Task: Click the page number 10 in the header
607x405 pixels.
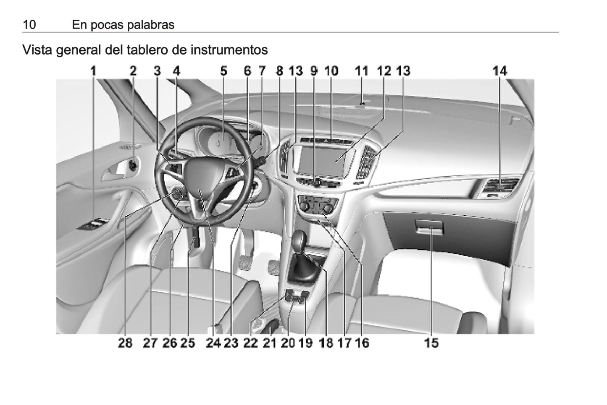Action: (x=29, y=25)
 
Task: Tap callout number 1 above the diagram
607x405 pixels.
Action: (x=93, y=71)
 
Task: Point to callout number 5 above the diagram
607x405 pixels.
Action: (x=223, y=71)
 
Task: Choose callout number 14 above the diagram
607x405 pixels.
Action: (x=500, y=71)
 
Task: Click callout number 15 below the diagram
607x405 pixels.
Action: (x=431, y=343)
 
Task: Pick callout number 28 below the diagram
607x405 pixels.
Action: (x=125, y=343)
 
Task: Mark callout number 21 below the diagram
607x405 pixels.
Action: (x=270, y=343)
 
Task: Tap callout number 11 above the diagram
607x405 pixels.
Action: (x=362, y=71)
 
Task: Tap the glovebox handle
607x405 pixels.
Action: (x=429, y=227)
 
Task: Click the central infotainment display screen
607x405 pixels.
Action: (x=323, y=161)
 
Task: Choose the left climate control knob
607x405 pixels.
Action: (x=304, y=207)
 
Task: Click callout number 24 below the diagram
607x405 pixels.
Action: (x=213, y=343)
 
